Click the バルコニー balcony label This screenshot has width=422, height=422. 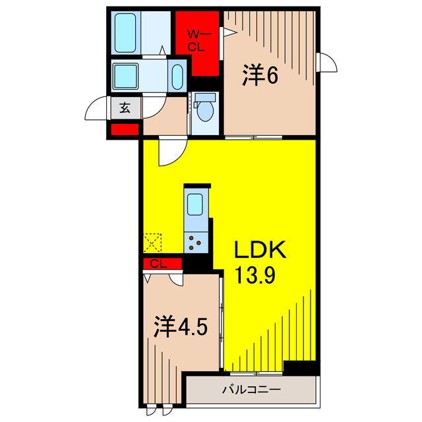point(251,390)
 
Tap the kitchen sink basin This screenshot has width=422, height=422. point(196,205)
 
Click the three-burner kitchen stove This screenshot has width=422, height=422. point(196,242)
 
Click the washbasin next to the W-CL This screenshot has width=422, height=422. point(177,77)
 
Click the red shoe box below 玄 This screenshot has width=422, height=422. point(125,129)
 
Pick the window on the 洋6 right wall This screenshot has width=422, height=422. point(324,63)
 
